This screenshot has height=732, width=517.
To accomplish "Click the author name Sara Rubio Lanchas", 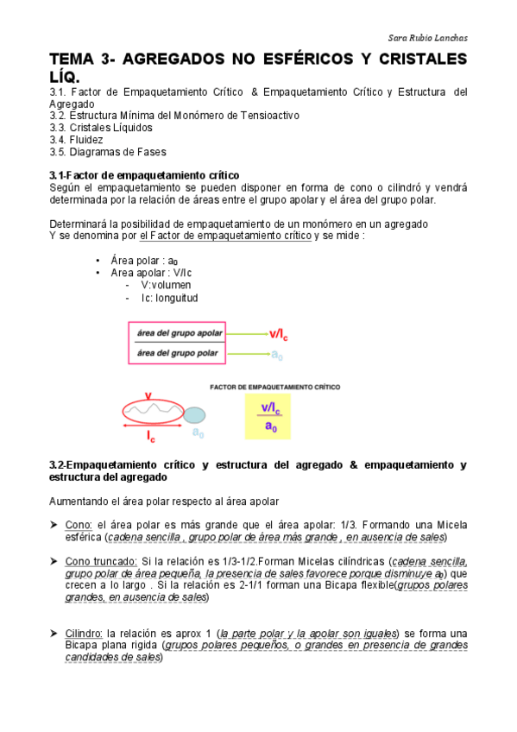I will click(x=425, y=37).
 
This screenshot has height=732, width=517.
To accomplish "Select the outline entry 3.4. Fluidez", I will click(x=77, y=140).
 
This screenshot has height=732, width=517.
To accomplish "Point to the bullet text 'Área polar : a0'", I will click(x=144, y=261).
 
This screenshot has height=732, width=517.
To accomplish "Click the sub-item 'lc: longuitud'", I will click(x=170, y=298).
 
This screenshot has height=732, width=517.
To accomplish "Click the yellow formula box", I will click(x=271, y=414).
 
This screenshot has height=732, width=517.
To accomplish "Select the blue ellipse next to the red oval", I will click(x=196, y=414).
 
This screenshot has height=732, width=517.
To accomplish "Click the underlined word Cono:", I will click(x=79, y=524).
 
